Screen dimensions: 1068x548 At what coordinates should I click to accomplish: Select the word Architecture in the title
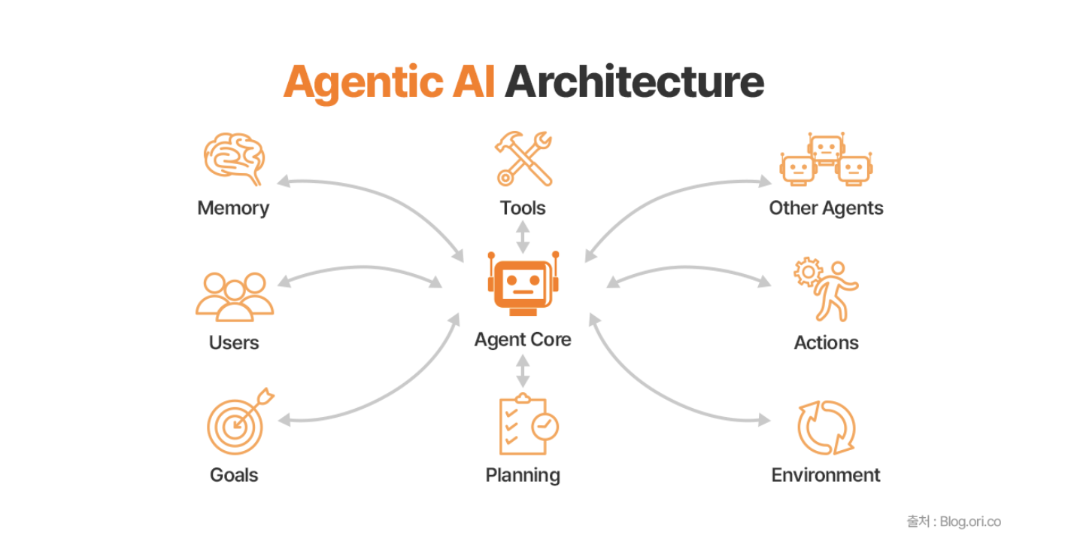pyautogui.click(x=635, y=82)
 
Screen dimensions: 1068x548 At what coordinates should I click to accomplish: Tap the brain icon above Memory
pyautogui.click(x=234, y=159)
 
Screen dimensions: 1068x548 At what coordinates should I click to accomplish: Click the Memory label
pyautogui.click(x=233, y=209)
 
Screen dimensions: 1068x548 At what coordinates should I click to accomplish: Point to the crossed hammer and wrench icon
pyautogui.click(x=523, y=159)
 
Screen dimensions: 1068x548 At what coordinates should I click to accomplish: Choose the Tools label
pyautogui.click(x=523, y=208)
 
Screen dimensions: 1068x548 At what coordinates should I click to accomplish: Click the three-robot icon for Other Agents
pyautogui.click(x=827, y=159)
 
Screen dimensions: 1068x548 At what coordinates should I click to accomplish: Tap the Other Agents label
pyautogui.click(x=827, y=209)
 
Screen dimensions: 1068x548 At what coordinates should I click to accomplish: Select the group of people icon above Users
pyautogui.click(x=235, y=297)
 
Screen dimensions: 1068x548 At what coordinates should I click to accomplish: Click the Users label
pyautogui.click(x=234, y=342)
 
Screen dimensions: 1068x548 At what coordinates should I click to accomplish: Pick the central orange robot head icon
pyautogui.click(x=523, y=284)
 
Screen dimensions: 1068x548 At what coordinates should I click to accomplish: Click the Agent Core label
pyautogui.click(x=523, y=340)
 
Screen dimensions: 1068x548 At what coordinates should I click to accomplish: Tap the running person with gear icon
pyautogui.click(x=827, y=290)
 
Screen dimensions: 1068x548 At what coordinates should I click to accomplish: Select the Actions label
pyautogui.click(x=827, y=342)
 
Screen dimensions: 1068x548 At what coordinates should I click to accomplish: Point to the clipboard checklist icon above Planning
pyautogui.click(x=528, y=425)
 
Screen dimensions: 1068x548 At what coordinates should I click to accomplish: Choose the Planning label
pyautogui.click(x=523, y=476)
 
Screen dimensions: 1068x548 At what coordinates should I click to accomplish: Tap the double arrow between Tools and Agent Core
pyautogui.click(x=523, y=237)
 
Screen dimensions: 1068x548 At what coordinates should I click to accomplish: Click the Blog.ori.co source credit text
pyautogui.click(x=970, y=522)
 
